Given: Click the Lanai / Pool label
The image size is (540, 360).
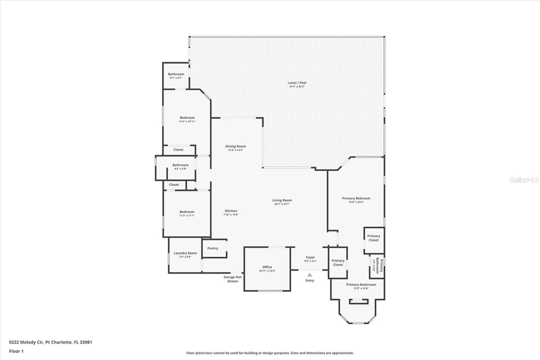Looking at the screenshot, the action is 297,83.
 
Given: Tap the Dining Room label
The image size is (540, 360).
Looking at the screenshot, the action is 236,146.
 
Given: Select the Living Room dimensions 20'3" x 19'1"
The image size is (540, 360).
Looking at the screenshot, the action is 282,204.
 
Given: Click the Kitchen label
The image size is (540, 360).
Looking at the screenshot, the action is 231,211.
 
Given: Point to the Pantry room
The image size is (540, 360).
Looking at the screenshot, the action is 214,248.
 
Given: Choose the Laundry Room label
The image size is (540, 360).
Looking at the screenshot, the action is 185,253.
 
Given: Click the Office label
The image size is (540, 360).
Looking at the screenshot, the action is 267,267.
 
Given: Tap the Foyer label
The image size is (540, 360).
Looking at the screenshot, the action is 310,257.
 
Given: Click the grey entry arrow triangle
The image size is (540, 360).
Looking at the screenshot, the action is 310,275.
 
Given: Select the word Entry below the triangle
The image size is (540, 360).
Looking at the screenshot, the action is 310,280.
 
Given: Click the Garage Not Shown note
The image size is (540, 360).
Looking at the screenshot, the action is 233,279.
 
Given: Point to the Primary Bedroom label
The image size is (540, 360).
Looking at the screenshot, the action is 356,198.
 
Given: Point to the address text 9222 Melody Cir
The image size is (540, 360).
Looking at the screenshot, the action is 27,342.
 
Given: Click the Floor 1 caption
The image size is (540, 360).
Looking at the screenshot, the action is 16,351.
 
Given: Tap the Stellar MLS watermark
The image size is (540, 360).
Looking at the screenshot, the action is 524,180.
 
